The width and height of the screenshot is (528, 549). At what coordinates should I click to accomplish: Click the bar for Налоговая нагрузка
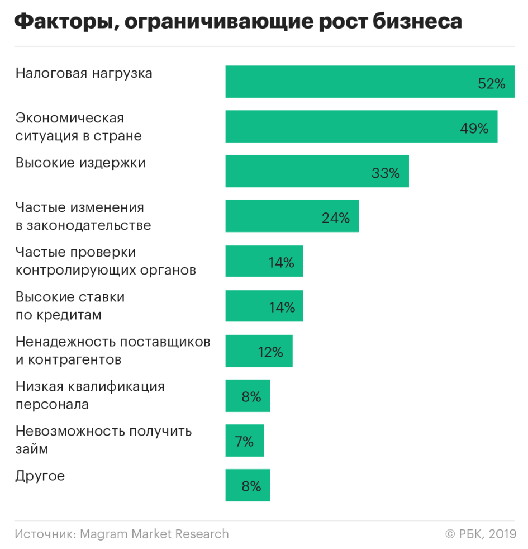[370, 82]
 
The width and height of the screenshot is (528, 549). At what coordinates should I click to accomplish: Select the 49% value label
[474, 129]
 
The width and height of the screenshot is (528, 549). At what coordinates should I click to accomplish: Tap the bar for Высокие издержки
[317, 171]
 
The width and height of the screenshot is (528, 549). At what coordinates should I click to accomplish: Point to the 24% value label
[336, 218]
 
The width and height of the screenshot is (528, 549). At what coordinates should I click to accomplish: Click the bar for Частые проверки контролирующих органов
[264, 261]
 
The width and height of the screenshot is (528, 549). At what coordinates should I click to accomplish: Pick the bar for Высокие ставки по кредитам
[264, 306]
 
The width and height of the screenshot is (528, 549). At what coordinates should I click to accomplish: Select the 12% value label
[270, 352]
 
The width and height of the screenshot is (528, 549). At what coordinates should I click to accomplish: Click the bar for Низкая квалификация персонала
[248, 396]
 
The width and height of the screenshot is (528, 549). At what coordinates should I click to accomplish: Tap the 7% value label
[244, 442]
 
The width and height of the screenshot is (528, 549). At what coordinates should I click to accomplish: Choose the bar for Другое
[248, 485]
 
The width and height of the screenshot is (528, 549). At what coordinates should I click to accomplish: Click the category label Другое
[40, 476]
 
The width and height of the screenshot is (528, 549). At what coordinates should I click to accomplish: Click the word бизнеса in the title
[417, 21]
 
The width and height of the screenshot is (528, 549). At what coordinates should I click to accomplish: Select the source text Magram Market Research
[154, 534]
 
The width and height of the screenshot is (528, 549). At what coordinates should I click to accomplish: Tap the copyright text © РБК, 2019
[481, 534]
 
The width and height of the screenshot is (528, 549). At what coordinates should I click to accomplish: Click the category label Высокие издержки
[80, 163]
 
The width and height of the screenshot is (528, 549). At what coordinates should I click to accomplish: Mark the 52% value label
[492, 84]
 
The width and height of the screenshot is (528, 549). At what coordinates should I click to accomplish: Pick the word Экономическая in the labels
[70, 119]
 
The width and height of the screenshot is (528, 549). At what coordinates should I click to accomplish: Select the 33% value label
[386, 173]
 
